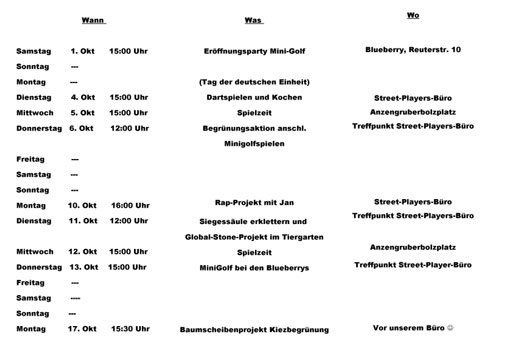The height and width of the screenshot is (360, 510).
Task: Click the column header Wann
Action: pyautogui.click(x=93, y=20)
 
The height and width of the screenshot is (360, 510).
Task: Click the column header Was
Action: pyautogui.click(x=253, y=20)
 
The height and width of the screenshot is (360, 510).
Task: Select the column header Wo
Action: pyautogui.click(x=413, y=16)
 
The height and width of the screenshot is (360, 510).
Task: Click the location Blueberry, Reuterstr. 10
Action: pyautogui.click(x=413, y=48)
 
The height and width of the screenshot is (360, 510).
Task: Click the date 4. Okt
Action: pyautogui.click(x=83, y=97)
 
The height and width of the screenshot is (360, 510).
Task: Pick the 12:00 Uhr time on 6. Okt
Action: pyautogui.click(x=129, y=128)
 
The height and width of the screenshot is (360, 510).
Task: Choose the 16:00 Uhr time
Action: pyautogui.click(x=129, y=204)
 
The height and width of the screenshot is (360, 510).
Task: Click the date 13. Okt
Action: pyautogui.click(x=83, y=267)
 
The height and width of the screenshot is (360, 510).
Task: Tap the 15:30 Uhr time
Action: pyautogui.click(x=129, y=328)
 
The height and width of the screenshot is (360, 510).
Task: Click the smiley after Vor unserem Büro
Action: pyautogui.click(x=451, y=328)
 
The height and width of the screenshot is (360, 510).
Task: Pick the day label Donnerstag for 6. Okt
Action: pyautogui.click(x=38, y=128)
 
